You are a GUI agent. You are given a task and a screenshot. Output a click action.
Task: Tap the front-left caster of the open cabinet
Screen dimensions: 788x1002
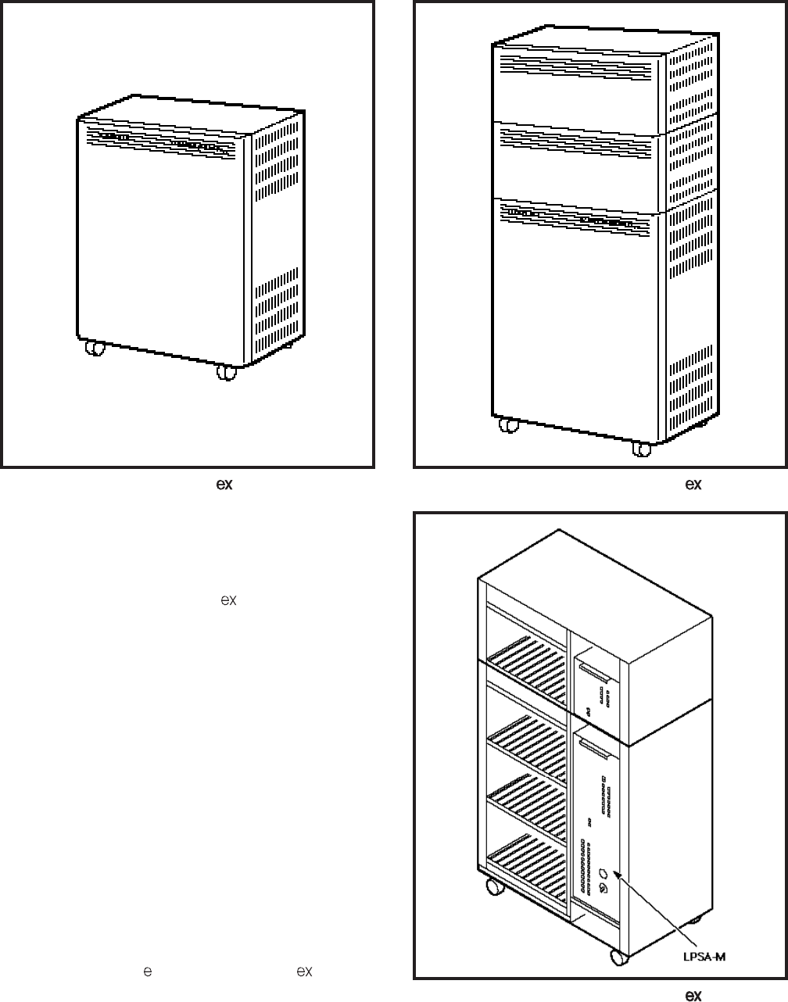click(494, 887)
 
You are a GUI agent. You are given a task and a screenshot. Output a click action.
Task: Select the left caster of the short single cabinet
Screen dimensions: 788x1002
click(95, 349)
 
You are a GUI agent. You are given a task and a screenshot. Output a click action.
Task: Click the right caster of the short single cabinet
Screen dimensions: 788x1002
click(226, 373)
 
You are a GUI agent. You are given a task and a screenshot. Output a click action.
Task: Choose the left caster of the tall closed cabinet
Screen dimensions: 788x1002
click(509, 426)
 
